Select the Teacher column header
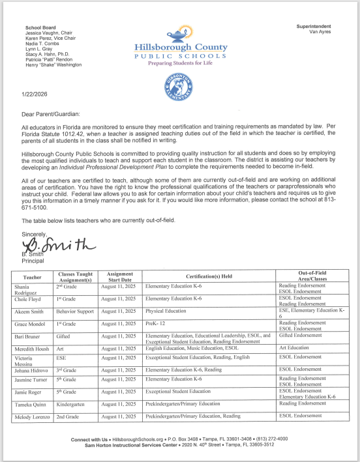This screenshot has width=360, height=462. click(x=33, y=277)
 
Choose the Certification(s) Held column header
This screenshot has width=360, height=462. click(x=204, y=277)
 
